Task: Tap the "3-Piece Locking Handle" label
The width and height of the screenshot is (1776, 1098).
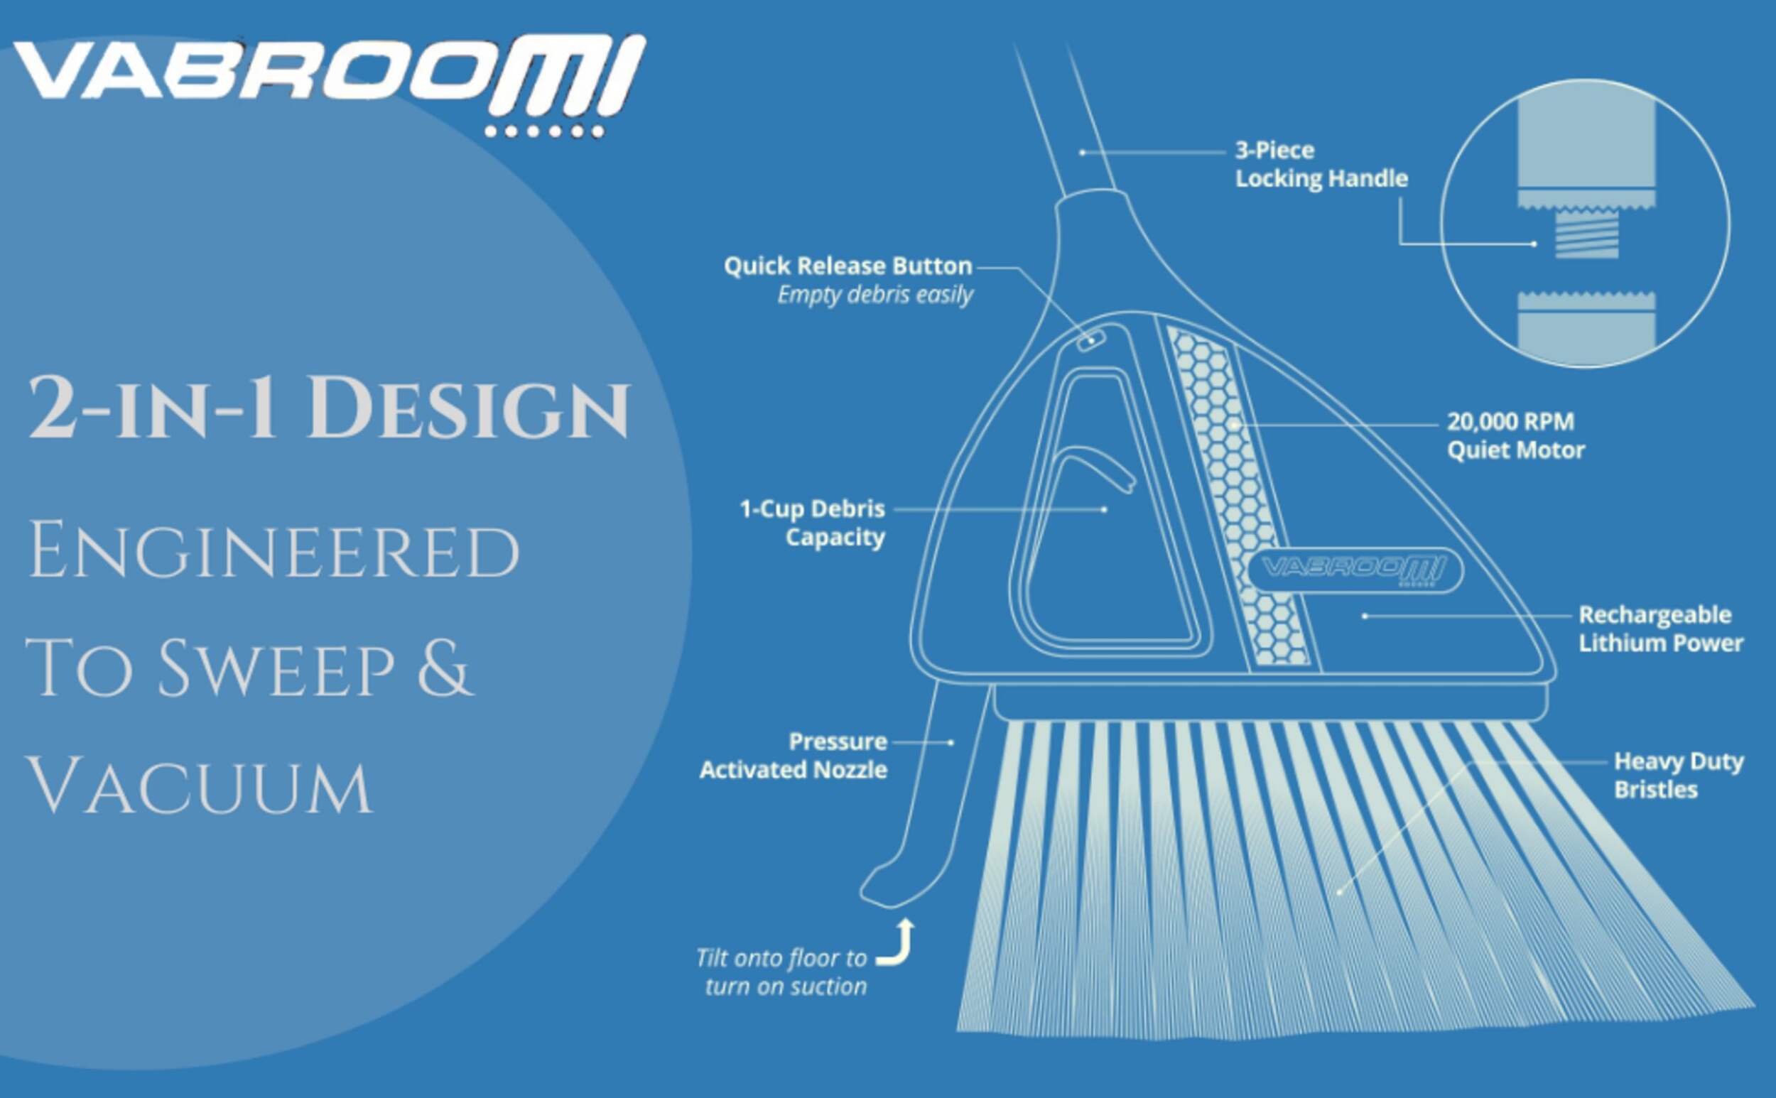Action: click(x=1321, y=165)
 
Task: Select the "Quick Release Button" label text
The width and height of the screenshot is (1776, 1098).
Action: click(x=848, y=266)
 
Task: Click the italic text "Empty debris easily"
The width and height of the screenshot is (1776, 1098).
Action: click(x=875, y=295)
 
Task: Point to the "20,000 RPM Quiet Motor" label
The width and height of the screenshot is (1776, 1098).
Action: click(x=1515, y=435)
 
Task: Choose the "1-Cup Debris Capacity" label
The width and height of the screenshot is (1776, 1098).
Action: click(x=812, y=523)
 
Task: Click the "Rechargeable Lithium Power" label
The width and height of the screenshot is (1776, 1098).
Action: click(x=1660, y=629)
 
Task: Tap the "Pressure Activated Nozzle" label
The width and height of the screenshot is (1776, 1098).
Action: click(x=794, y=755)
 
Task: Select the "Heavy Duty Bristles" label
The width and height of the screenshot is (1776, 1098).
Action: click(x=1679, y=776)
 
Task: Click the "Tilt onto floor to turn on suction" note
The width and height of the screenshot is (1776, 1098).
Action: click(x=781, y=972)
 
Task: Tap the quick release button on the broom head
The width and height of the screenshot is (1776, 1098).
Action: click(x=1090, y=339)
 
